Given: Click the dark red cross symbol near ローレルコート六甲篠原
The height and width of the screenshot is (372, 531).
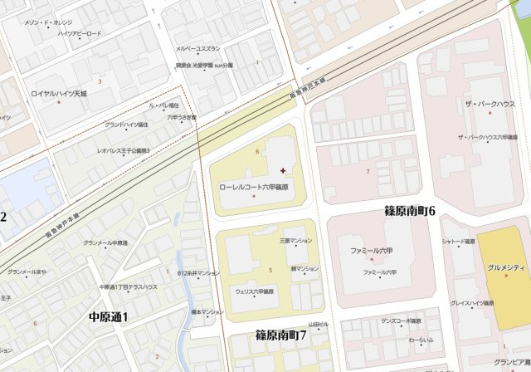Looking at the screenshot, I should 284,170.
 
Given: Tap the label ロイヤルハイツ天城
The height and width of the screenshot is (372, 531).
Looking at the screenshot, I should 59,94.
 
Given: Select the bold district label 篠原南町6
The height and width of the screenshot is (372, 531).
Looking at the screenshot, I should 409,211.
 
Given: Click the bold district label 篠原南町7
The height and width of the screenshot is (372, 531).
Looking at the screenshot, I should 280,335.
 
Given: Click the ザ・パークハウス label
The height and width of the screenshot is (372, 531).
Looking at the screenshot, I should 490,104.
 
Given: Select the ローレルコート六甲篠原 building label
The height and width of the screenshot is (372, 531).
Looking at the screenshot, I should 253,188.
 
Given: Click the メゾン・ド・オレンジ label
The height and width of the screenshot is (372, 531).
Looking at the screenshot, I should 48,22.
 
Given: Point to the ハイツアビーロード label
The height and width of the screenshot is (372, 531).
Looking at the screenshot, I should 79,33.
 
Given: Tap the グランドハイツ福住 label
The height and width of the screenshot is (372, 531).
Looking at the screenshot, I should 126,125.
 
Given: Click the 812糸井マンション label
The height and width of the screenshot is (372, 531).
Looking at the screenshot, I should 198,273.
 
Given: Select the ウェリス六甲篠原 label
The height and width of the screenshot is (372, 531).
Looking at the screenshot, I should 254,292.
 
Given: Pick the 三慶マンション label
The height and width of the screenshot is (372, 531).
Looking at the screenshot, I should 295,240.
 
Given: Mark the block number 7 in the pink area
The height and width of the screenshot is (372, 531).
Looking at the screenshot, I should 367,171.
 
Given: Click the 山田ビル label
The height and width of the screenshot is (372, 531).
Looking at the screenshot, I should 319,324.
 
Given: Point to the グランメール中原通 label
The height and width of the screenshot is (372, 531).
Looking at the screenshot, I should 105,243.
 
